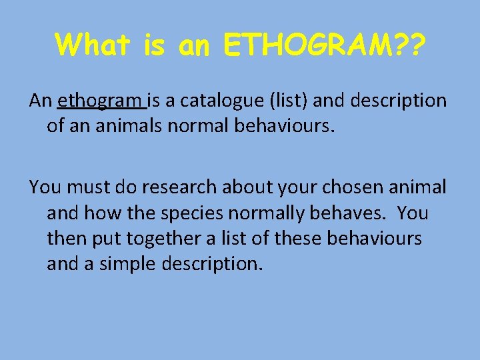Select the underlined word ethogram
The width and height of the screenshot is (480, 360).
click(x=101, y=101)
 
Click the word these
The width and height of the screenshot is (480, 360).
click(x=298, y=239)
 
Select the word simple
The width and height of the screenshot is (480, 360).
click(x=130, y=264)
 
